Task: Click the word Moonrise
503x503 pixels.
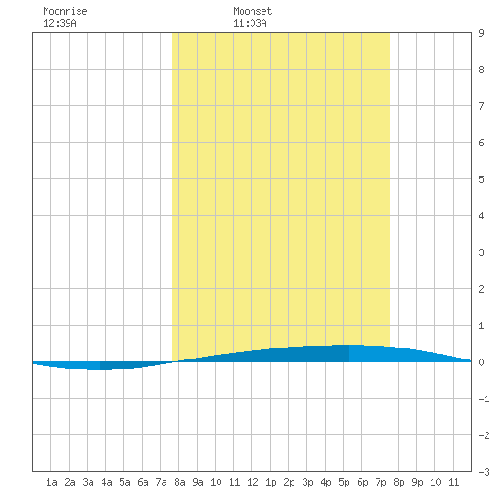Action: pos(65,11)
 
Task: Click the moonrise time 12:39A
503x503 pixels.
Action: pos(59,23)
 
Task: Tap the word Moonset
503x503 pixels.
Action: pos(252,11)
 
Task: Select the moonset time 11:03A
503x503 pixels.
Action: pos(250,23)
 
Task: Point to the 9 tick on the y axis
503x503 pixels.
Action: pos(481,33)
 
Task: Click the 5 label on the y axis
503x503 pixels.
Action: pos(481,179)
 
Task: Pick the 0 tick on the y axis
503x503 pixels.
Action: pos(481,362)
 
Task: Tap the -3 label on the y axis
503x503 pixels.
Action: pos(484,472)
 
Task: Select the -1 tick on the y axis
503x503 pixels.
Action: pos(484,399)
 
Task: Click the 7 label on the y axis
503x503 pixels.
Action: pos(481,106)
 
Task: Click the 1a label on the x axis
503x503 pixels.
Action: pos(51,482)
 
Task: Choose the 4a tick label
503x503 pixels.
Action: pos(106,482)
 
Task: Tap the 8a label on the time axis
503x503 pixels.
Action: pos(179,482)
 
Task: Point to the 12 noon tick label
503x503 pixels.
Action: pos(252,482)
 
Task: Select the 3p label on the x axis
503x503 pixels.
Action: pos(307,482)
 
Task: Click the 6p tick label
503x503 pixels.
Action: pos(362,482)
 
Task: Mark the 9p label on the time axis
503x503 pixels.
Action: pos(417,482)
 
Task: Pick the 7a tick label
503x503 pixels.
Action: pos(161,482)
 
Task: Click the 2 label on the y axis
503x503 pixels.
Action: pos(481,289)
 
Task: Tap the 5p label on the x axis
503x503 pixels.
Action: pos(344,482)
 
